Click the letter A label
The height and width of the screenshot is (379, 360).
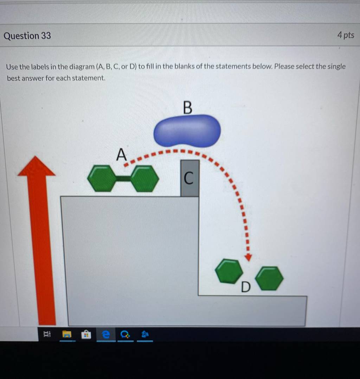click(121, 154)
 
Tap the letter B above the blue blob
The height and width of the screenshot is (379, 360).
click(188, 107)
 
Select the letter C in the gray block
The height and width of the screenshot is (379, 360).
click(188, 178)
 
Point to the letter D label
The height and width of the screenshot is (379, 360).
click(246, 287)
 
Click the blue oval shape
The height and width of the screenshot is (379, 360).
click(187, 131)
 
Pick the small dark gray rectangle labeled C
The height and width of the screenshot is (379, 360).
click(190, 178)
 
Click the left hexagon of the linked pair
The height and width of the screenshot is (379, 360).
click(102, 178)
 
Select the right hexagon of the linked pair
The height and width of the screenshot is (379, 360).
click(144, 179)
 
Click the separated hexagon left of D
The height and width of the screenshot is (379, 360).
click(229, 271)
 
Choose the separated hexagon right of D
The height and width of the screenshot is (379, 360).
click(269, 278)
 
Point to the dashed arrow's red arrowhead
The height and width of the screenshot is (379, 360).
click(248, 258)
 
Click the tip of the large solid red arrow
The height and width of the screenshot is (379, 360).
click(36, 156)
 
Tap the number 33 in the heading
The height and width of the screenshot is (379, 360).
click(46, 36)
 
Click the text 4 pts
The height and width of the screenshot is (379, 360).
click(346, 35)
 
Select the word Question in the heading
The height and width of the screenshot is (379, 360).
click(21, 36)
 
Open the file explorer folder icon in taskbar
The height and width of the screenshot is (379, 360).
click(67, 334)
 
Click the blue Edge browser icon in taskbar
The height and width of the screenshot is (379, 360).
click(106, 334)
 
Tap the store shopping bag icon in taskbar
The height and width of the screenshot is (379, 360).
click(86, 335)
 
